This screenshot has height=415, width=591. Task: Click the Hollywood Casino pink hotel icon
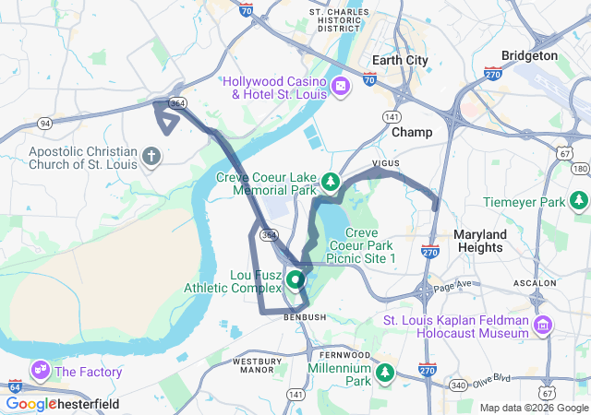click(x=341, y=87)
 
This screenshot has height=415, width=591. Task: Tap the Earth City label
click(x=399, y=61)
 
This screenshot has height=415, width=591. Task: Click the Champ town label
click(x=412, y=133)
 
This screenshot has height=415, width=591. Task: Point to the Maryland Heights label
click(x=479, y=241)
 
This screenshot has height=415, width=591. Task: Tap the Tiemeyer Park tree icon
click(x=579, y=199)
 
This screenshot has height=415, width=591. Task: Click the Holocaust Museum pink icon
click(x=542, y=326)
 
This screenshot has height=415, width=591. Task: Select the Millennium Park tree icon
click(x=384, y=373)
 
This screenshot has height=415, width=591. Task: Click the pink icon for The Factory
click(x=41, y=372)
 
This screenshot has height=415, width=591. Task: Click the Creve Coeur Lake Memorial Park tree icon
click(x=330, y=178)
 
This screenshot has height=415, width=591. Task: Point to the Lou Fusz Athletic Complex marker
click(x=295, y=279)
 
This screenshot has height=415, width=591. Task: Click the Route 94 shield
click(x=44, y=122)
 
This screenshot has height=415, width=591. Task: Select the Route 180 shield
click(x=580, y=168)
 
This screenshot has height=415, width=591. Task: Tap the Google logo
click(x=30, y=404)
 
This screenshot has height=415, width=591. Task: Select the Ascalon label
click(x=561, y=283)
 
